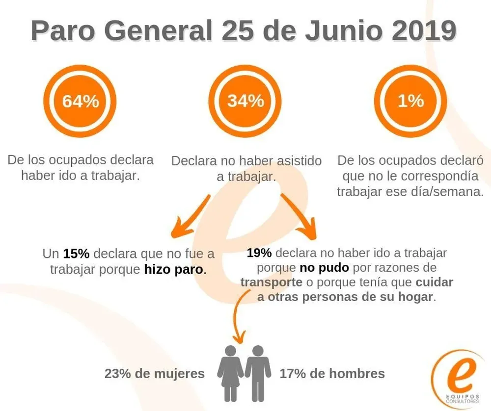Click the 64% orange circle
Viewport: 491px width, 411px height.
tap(80, 101)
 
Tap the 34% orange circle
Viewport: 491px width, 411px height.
tap(245, 101)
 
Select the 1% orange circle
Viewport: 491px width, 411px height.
tap(410, 101)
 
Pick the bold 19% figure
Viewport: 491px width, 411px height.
tap(259, 253)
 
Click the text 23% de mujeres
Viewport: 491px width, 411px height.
tap(154, 374)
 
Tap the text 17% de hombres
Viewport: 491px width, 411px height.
tap(332, 374)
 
